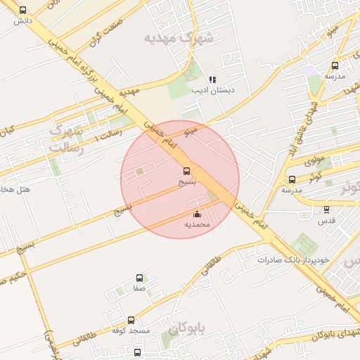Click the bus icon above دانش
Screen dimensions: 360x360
coord(23,11)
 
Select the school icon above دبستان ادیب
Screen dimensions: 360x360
coord(212,79)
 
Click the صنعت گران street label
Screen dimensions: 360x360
coord(105,34)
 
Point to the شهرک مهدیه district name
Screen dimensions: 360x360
coord(178,38)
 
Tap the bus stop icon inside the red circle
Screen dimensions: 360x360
coord(186,171)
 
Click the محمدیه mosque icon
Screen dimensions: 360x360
coord(197,214)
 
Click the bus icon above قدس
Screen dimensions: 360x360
coord(326,209)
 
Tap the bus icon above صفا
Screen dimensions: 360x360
coord(139,278)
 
